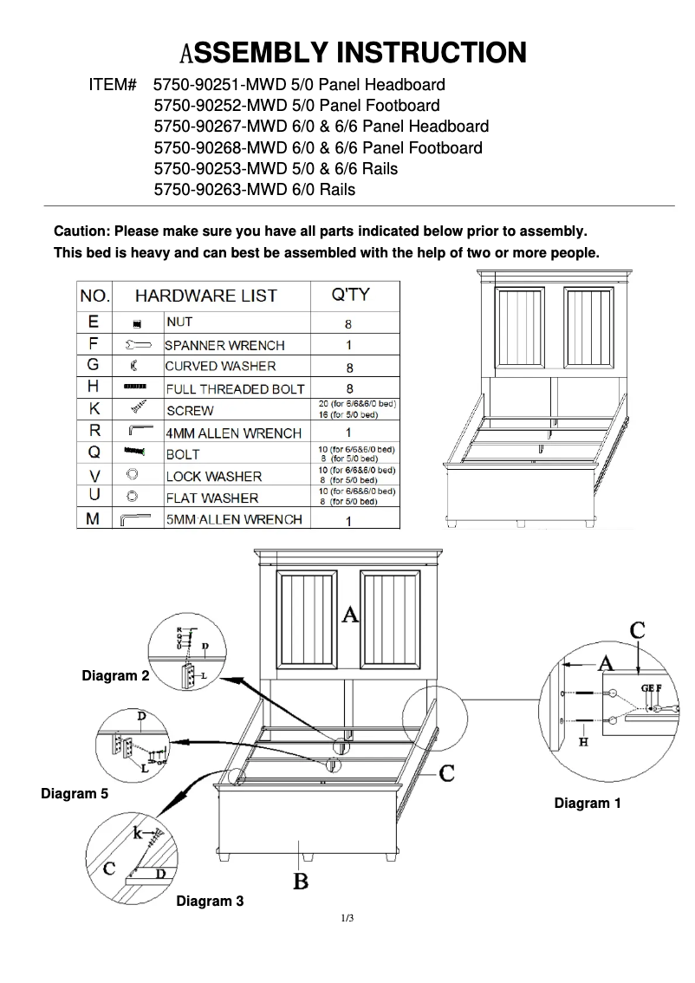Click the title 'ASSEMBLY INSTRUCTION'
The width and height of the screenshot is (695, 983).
[x=353, y=53]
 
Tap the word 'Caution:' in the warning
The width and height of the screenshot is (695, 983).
[x=81, y=231]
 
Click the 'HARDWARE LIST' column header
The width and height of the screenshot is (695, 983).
[x=205, y=296]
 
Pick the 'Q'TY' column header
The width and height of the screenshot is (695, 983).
[x=350, y=295]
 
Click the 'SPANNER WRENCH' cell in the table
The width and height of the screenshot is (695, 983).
[x=224, y=345]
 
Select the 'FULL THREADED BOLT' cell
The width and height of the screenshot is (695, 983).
[x=235, y=389]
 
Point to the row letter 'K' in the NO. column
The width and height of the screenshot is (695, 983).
[x=94, y=408]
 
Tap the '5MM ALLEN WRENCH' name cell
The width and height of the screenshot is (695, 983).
[x=234, y=519]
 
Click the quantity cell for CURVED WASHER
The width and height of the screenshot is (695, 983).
[x=348, y=368]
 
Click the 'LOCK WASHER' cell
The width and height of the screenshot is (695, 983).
[x=213, y=476]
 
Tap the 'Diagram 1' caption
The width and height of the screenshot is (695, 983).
[x=588, y=804]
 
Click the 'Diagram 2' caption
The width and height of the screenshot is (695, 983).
[x=115, y=675]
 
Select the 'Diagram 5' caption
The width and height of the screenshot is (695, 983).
[x=75, y=793]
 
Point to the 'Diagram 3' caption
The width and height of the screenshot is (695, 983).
[x=210, y=902]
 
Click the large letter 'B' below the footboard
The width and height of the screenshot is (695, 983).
[x=301, y=882]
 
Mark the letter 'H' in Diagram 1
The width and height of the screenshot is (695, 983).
[x=584, y=743]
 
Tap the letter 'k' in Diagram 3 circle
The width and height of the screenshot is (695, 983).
[x=138, y=833]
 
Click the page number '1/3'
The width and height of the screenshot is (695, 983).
[x=347, y=918]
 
